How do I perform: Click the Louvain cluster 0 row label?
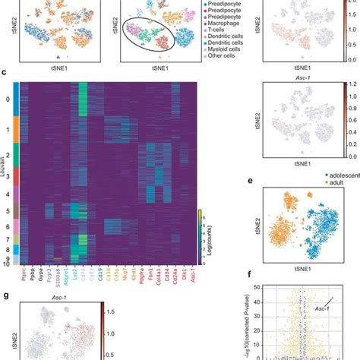pyautogui.click(x=8, y=99)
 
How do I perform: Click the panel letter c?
pyautogui.click(x=5, y=73)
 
